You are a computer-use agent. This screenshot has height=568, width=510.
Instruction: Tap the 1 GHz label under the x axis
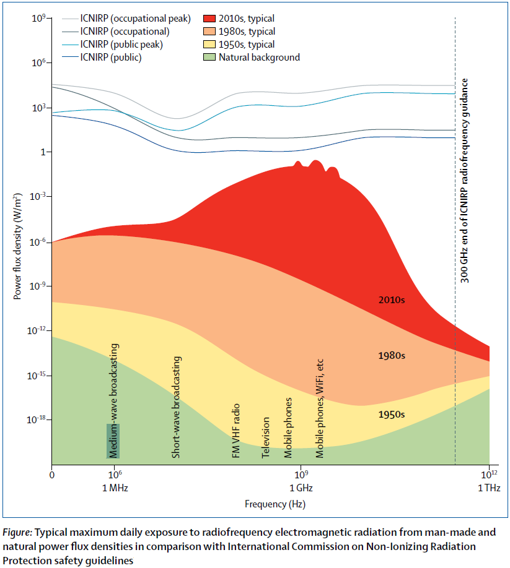pos(301,488)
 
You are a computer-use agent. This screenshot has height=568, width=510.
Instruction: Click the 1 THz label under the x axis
pos(489,488)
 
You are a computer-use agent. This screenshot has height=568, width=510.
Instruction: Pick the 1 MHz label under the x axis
pos(115,488)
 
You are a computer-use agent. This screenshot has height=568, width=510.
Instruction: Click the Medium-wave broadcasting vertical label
pos(114,400)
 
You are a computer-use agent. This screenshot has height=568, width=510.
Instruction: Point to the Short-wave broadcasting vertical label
pos(176,407)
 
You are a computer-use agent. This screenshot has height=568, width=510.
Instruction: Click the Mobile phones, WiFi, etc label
pos(320,408)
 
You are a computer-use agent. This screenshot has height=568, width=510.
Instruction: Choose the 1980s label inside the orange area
pos(392,356)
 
